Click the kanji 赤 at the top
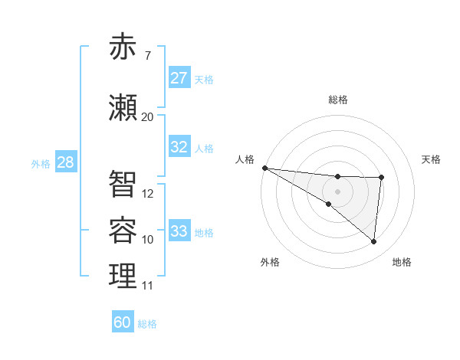(123, 48)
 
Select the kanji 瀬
(123, 108)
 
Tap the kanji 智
(123, 184)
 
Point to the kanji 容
(123, 231)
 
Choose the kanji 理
(123, 277)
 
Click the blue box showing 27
(179, 78)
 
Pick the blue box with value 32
(179, 147)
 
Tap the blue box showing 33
(179, 231)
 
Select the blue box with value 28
(65, 162)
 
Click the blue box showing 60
(123, 322)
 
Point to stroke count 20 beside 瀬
(148, 117)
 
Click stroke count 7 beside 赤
(147, 56)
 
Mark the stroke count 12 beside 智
(148, 194)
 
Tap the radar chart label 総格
(338, 100)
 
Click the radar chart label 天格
(432, 159)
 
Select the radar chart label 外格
(270, 262)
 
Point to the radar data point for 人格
(264, 167)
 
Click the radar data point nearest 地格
(374, 242)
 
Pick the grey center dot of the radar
(337, 191)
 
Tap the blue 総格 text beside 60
(147, 324)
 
